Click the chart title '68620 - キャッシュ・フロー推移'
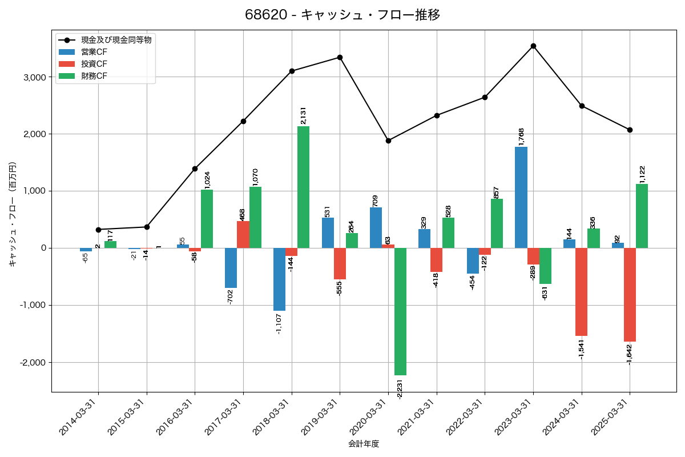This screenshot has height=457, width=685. (x=342, y=15)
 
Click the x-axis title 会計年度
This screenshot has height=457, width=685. (x=364, y=444)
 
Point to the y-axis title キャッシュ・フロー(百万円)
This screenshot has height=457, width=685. (x=13, y=215)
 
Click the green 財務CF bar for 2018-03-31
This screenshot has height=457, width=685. (x=304, y=187)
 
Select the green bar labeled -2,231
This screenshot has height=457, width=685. (x=400, y=311)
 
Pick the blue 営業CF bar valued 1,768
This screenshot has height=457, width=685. (x=521, y=197)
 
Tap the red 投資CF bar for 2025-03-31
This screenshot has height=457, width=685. (x=630, y=295)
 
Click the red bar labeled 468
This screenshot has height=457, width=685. (x=243, y=234)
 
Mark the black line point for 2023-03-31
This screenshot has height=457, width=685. (x=533, y=46)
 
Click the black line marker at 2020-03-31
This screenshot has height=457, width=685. (x=388, y=141)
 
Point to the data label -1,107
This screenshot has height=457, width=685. (x=279, y=324)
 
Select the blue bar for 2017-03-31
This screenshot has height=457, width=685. (x=231, y=268)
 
